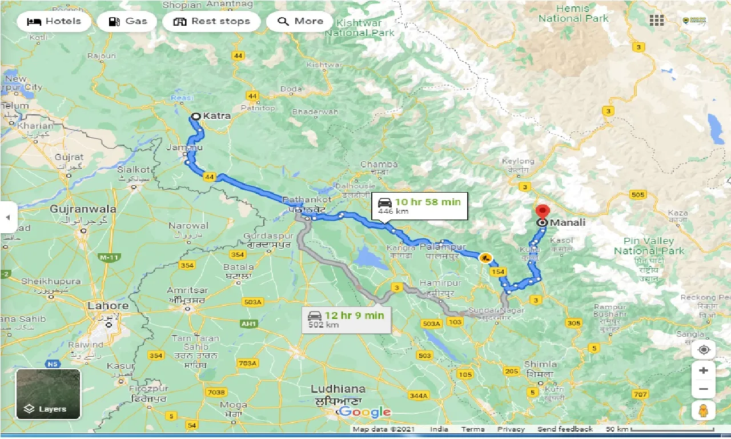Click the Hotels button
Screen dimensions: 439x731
point(54,22)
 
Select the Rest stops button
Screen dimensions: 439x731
point(211,22)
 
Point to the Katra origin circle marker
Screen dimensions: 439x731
point(195,116)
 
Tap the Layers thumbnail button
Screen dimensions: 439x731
point(48,394)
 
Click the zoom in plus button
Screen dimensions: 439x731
point(703,370)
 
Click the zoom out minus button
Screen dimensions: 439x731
point(703,390)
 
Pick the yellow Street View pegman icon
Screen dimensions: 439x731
point(703,410)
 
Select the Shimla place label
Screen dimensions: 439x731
point(540,364)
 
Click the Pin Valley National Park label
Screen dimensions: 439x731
point(649,246)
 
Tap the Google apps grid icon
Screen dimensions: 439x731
point(656,21)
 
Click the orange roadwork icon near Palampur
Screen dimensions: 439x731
point(485,258)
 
